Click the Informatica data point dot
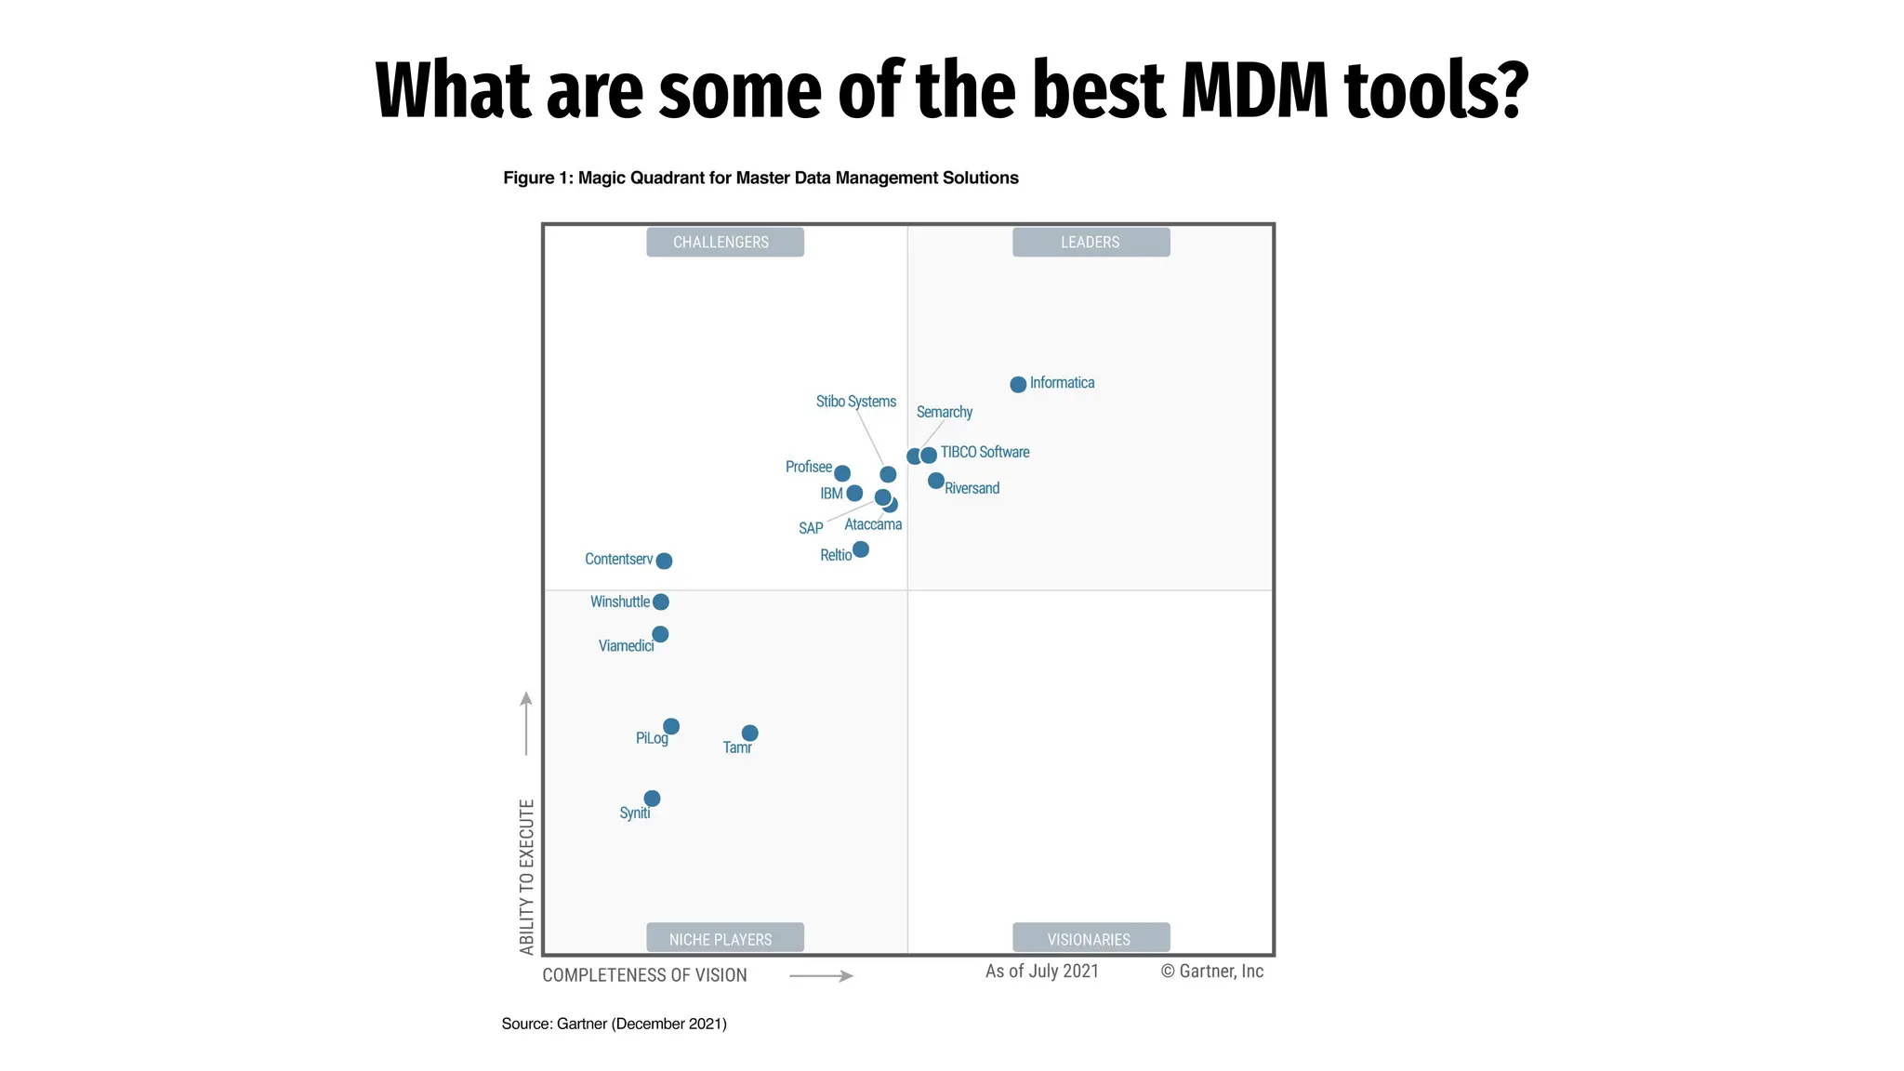1018,384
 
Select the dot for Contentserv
664,561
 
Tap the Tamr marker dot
749,734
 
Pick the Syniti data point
652,799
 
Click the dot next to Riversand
936,481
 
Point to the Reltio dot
861,549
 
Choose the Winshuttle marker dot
661,602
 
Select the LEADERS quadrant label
1091,242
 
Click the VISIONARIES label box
1091,938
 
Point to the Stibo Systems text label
856,402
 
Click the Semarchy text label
945,412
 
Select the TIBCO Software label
985,452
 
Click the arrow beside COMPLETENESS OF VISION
821,975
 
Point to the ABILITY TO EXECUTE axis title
527,877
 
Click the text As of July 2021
1041,971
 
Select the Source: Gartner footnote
614,1024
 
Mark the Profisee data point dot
842,473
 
